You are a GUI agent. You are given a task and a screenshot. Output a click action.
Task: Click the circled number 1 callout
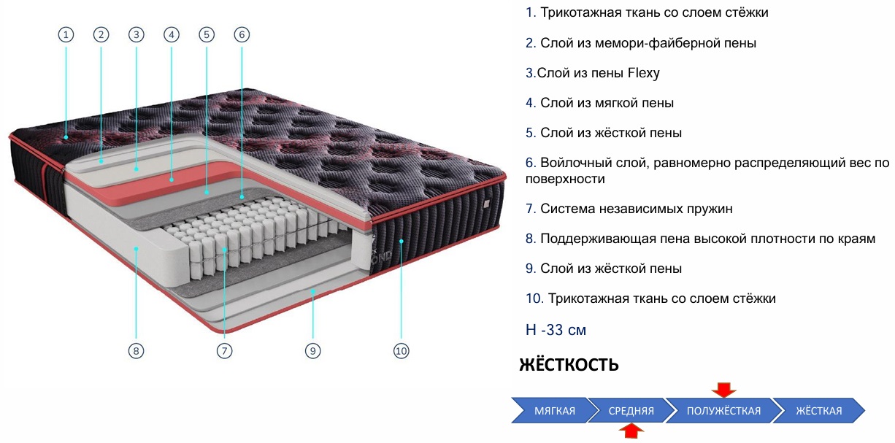[x=66, y=35]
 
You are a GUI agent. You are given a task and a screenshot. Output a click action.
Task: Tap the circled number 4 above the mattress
[x=172, y=35]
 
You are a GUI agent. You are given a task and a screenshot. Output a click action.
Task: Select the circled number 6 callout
[x=242, y=35]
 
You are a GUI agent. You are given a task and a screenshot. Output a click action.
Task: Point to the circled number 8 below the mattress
[x=136, y=351]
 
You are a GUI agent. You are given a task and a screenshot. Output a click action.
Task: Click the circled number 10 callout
[x=402, y=351]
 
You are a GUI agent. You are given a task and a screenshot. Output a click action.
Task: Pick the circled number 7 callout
[x=225, y=351]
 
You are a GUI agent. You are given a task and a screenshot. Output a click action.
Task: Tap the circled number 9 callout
[x=313, y=351]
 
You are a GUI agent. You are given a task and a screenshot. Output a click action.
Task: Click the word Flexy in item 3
[x=643, y=73]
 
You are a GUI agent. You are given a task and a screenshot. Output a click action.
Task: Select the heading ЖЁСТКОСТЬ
[x=569, y=364]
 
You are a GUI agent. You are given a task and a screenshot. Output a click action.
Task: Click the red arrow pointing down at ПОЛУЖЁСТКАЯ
[x=723, y=390]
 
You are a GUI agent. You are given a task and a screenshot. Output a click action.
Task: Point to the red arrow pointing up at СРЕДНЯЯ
[x=631, y=431]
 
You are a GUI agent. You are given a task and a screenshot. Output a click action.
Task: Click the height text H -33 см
[x=556, y=330]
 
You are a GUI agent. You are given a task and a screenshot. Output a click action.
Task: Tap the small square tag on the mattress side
[x=486, y=204]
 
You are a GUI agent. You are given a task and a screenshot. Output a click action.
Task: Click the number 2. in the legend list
[x=531, y=43]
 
